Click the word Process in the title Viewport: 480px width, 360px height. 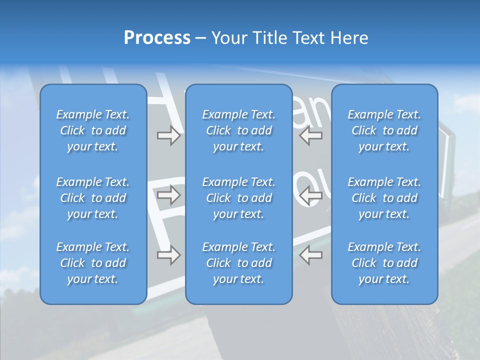pyautogui.click(x=157, y=38)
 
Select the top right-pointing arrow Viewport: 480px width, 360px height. pyautogui.click(x=168, y=135)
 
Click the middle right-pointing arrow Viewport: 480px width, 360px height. pyautogui.click(x=168, y=195)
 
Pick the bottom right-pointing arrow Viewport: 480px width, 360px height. pyautogui.click(x=168, y=255)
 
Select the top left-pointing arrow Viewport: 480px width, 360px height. pyautogui.click(x=311, y=135)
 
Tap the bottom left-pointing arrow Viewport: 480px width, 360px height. pyautogui.click(x=311, y=255)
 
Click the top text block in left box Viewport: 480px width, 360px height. pyautogui.click(x=93, y=130)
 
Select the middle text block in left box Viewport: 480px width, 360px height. pyautogui.click(x=93, y=198)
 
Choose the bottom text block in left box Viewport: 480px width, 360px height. pyautogui.click(x=93, y=263)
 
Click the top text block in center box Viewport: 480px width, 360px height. pyautogui.click(x=238, y=130)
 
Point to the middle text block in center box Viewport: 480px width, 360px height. pyautogui.click(x=238, y=198)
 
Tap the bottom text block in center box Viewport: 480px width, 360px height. pyautogui.click(x=238, y=263)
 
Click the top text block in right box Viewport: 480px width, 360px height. pyautogui.click(x=384, y=130)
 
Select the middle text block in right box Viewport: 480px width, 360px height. pyautogui.click(x=384, y=198)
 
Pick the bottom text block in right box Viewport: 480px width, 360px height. pyautogui.click(x=384, y=263)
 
